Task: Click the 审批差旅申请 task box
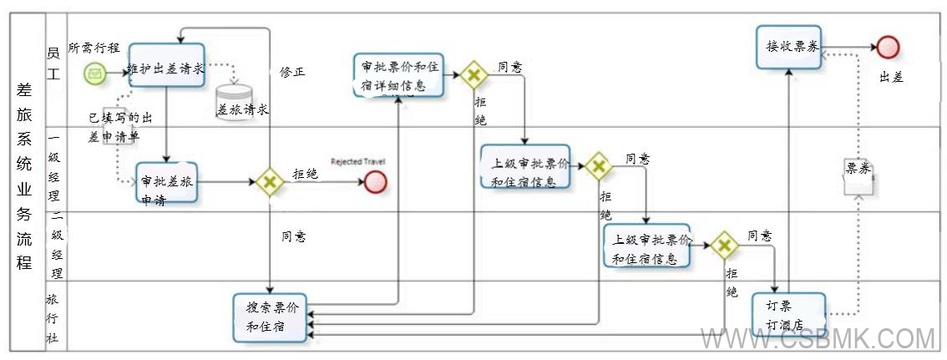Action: [167, 182]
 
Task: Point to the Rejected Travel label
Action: [357, 161]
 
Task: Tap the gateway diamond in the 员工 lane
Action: [473, 75]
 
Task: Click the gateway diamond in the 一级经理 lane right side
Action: [598, 166]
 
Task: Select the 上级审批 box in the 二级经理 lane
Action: [647, 246]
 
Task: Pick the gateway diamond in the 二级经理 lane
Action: [724, 245]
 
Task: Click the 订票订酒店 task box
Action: [787, 315]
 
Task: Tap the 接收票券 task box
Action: [788, 47]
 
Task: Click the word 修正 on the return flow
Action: [291, 72]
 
